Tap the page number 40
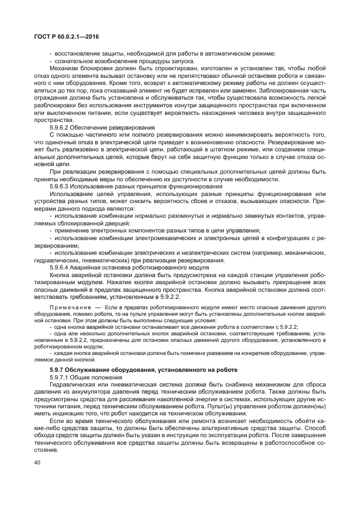37,463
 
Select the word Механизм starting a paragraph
65,68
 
